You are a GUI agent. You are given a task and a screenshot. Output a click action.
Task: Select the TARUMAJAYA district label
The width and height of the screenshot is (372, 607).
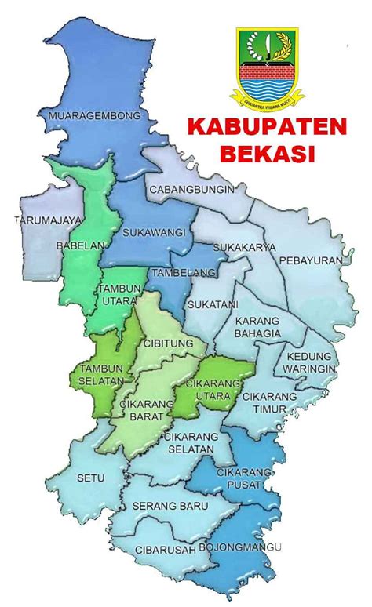pyautogui.click(x=47, y=220)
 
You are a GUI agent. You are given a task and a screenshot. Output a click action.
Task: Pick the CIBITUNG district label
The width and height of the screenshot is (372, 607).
pyautogui.click(x=164, y=343)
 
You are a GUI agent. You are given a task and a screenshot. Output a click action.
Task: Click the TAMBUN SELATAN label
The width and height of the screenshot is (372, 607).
pyautogui.click(x=100, y=374)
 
